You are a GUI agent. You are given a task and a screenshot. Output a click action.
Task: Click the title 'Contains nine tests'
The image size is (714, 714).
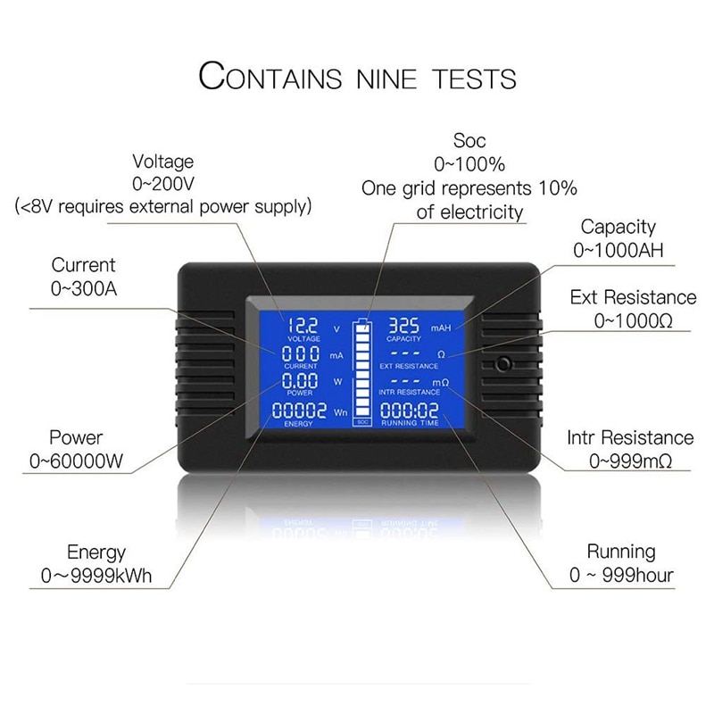[x=357, y=75]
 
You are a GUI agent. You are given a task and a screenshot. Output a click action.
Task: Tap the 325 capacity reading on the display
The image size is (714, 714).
[x=404, y=325]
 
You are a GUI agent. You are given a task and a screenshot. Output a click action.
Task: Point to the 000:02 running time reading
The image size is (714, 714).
[x=411, y=411]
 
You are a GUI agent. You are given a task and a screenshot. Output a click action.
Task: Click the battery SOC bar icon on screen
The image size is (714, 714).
[x=362, y=369]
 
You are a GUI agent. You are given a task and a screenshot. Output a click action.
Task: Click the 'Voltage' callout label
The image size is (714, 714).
[x=162, y=162]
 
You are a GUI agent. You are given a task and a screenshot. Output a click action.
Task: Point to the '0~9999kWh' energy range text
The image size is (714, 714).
[x=95, y=575]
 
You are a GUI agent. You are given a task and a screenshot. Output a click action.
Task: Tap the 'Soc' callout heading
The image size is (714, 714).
[x=469, y=140]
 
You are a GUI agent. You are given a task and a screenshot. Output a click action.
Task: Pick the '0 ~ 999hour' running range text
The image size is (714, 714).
[x=621, y=575]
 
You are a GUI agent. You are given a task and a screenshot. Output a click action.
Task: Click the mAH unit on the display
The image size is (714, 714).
[x=441, y=328]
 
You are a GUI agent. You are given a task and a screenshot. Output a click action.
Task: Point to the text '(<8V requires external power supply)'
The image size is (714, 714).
[x=163, y=207]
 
